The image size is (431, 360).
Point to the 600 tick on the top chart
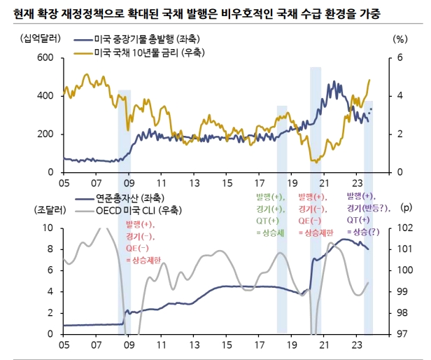(x=44, y=57)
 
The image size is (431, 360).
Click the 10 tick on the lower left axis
(x=48, y=228)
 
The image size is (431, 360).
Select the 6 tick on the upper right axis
(x=400, y=57)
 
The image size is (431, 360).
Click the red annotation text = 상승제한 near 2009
(x=143, y=261)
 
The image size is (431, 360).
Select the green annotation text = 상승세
(x=270, y=232)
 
